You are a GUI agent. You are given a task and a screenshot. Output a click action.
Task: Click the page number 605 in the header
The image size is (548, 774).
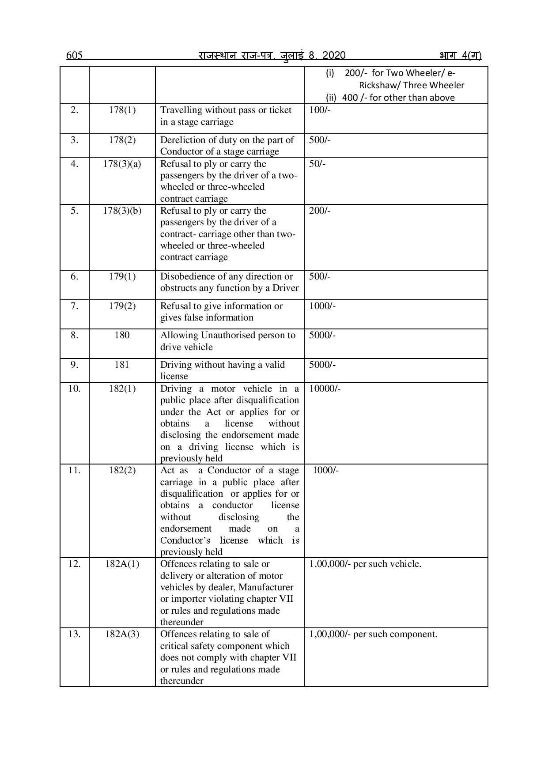pos(74,55)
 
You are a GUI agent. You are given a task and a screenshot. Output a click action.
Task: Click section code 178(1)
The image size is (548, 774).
pos(122,110)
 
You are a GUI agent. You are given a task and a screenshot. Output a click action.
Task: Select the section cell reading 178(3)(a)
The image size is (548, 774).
pos(122,164)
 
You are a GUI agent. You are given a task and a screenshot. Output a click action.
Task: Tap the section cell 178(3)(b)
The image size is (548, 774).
pos(122,211)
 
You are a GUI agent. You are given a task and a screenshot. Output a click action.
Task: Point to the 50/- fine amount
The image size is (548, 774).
pos(317,164)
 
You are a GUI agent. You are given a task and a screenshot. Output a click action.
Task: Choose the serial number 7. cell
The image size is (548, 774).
pos(74,306)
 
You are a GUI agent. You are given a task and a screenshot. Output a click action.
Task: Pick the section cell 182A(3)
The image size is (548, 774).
pos(122,634)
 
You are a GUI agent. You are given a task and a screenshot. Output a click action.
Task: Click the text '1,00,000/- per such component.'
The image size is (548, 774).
pos(373,634)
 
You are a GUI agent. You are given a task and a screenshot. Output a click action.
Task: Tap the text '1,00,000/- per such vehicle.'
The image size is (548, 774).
pos(365,564)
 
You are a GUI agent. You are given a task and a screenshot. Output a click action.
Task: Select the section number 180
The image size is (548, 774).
pos(122,335)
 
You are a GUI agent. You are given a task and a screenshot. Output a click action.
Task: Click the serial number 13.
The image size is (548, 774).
pos(74,634)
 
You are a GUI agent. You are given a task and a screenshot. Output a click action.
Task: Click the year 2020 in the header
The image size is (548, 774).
pos(334,55)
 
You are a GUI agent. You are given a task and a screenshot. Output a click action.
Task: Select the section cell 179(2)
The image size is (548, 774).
pos(122,306)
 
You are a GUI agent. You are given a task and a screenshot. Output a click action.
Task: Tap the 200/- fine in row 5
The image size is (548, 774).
pos(320,211)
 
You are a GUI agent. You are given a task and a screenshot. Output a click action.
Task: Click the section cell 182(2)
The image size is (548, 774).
pos(122,470)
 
